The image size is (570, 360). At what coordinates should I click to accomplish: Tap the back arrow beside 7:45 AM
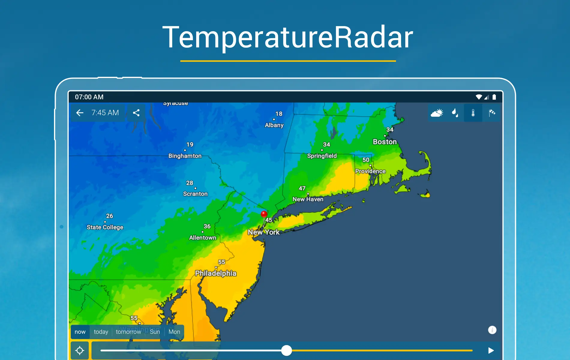(80, 113)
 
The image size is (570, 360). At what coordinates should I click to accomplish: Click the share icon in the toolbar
(136, 113)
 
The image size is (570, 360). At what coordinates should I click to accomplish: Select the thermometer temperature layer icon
(473, 113)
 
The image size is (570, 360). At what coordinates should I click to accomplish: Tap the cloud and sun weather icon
(437, 113)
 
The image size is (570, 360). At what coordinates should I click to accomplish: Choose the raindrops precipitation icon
(455, 113)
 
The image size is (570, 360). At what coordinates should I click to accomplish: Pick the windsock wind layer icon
(491, 113)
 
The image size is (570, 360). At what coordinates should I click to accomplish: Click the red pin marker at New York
(264, 214)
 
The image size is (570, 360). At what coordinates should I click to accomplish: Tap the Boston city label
(385, 142)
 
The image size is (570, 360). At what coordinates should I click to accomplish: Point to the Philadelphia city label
(216, 273)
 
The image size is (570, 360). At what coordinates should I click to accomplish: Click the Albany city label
(274, 125)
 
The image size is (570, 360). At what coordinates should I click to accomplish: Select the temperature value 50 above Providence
(366, 160)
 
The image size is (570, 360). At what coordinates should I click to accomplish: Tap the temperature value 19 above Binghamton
(190, 144)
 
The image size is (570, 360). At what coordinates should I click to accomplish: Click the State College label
(105, 227)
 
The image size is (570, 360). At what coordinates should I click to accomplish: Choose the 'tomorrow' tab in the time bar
(128, 332)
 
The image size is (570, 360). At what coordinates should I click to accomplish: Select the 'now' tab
(80, 332)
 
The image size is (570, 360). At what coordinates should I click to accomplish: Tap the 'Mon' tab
(174, 332)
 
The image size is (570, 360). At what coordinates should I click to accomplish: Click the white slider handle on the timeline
(286, 350)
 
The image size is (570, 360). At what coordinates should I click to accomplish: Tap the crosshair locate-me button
(80, 350)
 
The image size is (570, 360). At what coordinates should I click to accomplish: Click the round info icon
(492, 330)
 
